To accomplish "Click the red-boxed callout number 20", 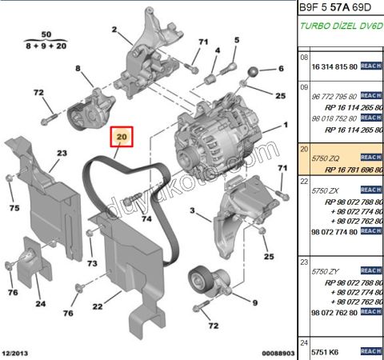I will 122,138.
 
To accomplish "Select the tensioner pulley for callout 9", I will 200,282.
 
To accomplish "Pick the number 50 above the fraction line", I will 45,36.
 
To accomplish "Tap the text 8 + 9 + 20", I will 45,48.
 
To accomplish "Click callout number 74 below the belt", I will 146,218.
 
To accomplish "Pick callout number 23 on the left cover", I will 61,152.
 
